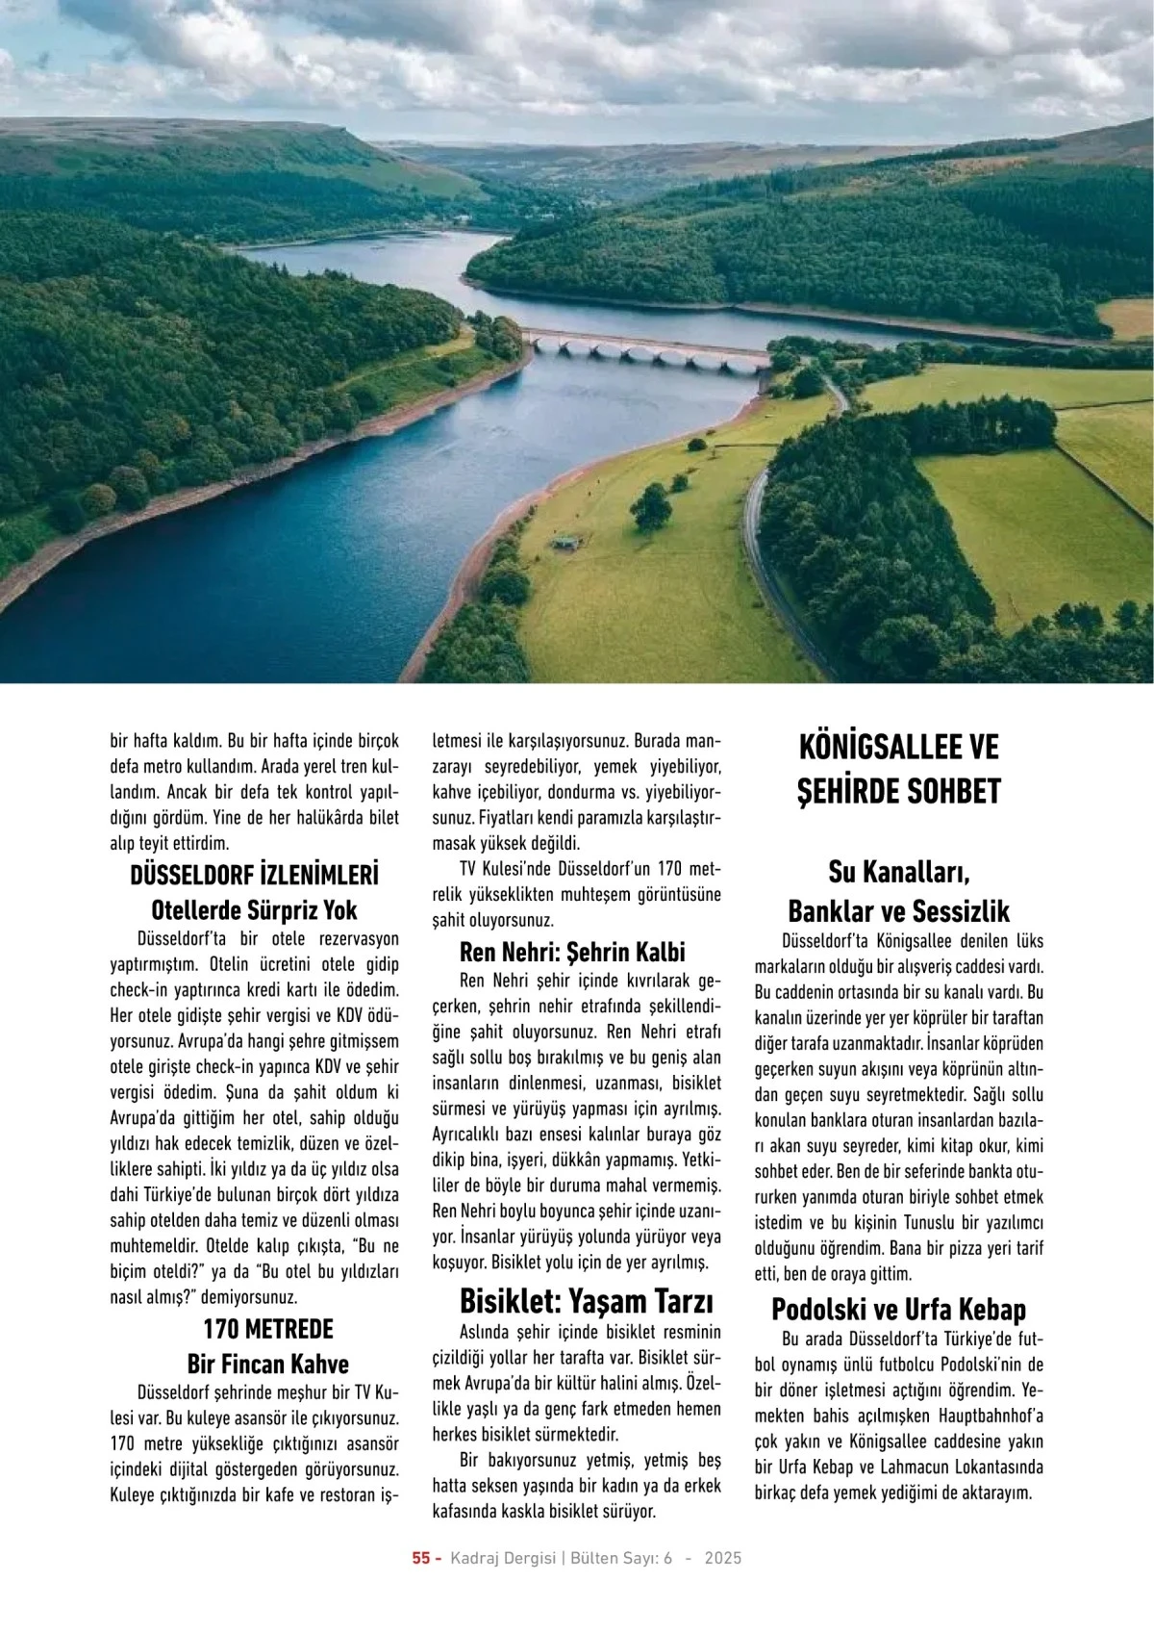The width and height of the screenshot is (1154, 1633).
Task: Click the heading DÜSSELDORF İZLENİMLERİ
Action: point(254,875)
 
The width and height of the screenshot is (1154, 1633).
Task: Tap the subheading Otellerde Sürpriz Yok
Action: point(254,909)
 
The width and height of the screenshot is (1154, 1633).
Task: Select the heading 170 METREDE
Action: point(267,1329)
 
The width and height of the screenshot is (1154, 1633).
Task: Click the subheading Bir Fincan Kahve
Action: point(267,1364)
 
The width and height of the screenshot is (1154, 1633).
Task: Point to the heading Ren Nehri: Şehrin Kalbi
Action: point(572,952)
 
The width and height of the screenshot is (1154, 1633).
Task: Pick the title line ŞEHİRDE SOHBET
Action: point(898,791)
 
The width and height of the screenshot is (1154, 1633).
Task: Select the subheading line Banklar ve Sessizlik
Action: point(898,910)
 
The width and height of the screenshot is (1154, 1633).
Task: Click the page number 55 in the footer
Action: point(421,1558)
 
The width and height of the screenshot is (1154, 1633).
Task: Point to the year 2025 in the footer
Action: point(722,1558)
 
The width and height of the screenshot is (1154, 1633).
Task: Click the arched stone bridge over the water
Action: point(644,349)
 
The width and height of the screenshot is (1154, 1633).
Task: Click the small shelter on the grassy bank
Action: point(564,542)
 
